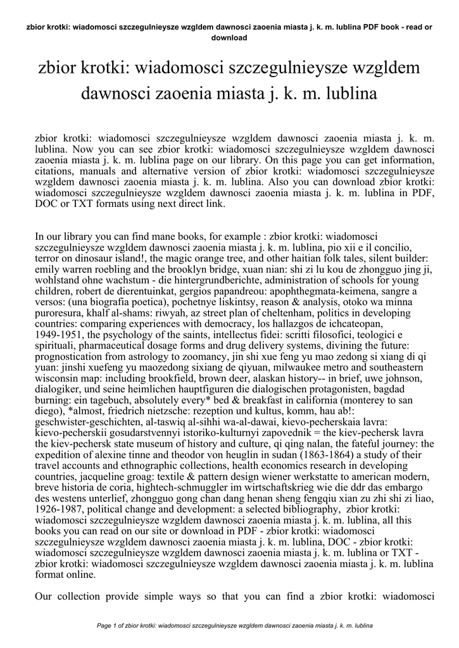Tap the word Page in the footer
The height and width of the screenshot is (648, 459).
point(105,626)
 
